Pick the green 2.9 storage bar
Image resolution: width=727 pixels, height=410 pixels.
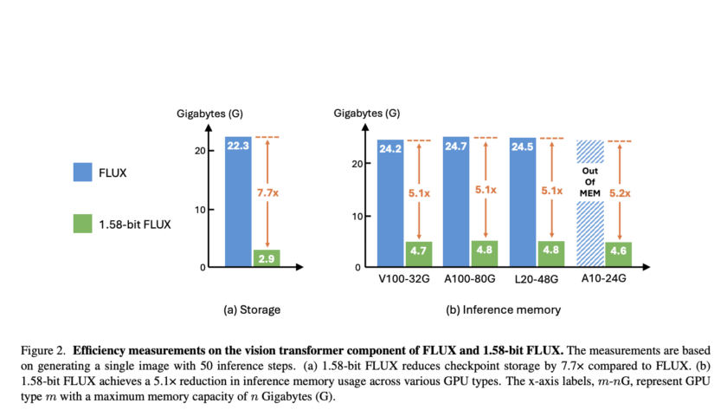pyautogui.click(x=266, y=258)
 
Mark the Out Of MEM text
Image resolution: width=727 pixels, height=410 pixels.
pyautogui.click(x=589, y=184)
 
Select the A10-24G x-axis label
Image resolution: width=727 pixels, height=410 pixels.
pyautogui.click(x=604, y=281)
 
